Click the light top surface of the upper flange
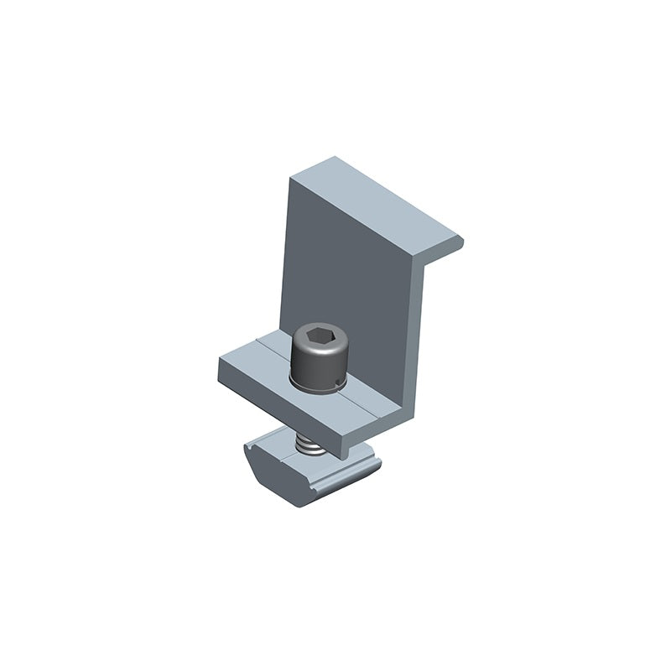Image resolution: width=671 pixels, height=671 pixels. click(377, 201)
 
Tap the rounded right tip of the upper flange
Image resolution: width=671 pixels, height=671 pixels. click(459, 243)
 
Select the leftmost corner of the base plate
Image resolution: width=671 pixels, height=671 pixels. click(220, 362)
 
